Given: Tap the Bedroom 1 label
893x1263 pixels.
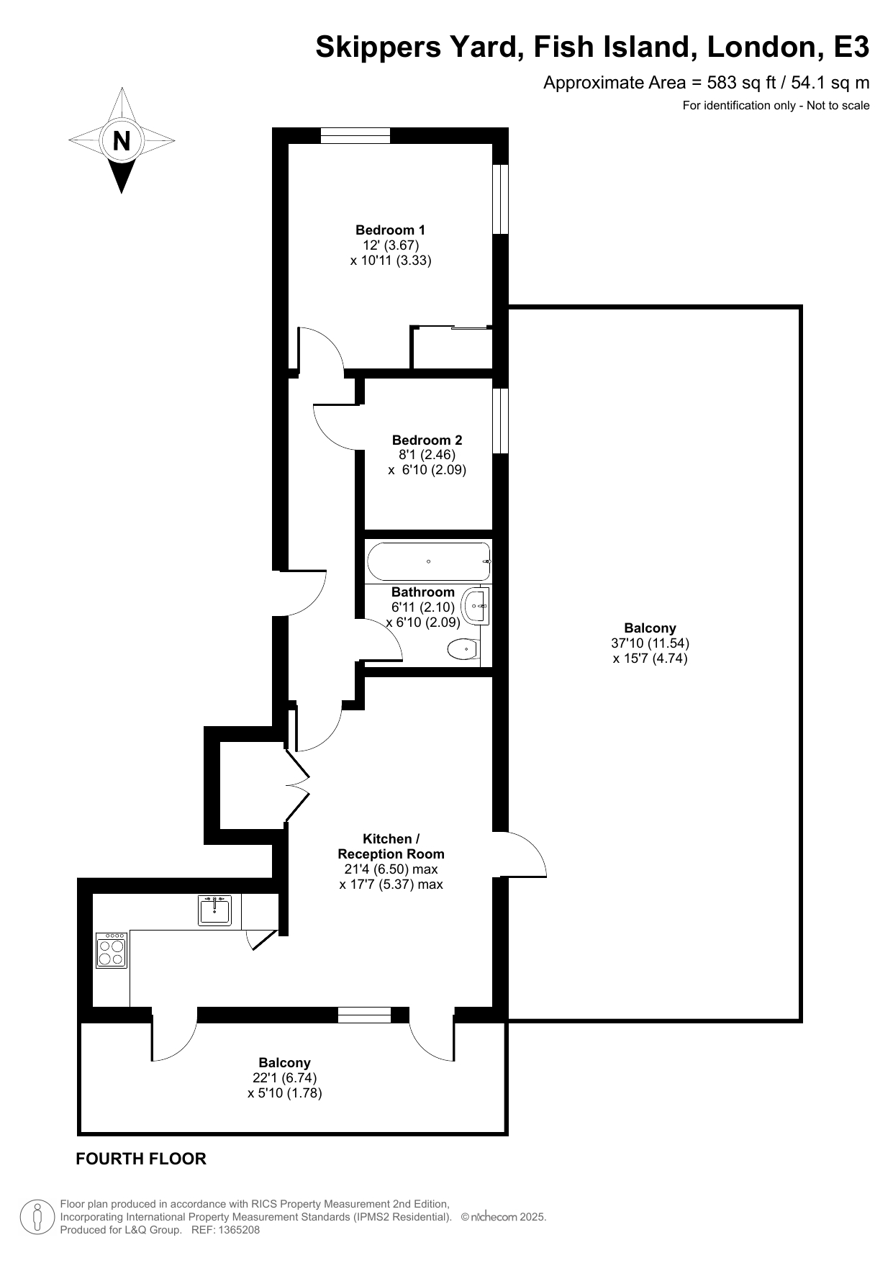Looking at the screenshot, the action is click(x=390, y=230).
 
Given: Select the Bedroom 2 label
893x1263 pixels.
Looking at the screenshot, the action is click(x=427, y=440).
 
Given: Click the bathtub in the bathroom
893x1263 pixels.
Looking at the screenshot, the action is click(x=428, y=561).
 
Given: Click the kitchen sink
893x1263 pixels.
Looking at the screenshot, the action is click(x=214, y=910).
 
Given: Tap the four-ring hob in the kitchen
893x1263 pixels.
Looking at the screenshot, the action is click(x=112, y=950).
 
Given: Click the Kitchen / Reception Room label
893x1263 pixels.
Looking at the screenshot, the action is click(x=391, y=846).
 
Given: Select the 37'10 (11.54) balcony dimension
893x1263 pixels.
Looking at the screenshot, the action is click(x=650, y=643).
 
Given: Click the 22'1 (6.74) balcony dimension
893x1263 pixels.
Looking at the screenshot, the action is click(x=284, y=1078).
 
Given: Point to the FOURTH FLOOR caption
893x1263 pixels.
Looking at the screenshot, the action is click(x=141, y=1159).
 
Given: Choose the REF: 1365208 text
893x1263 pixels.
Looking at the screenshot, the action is click(x=225, y=1230).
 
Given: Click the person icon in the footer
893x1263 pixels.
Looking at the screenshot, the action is click(x=37, y=1217).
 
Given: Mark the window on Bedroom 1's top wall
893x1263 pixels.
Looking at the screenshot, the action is click(x=355, y=135).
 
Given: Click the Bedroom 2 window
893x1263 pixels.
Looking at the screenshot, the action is click(x=500, y=421).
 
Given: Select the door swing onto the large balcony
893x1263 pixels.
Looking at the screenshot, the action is click(x=524, y=854).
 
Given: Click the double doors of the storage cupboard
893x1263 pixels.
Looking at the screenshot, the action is click(x=296, y=785).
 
